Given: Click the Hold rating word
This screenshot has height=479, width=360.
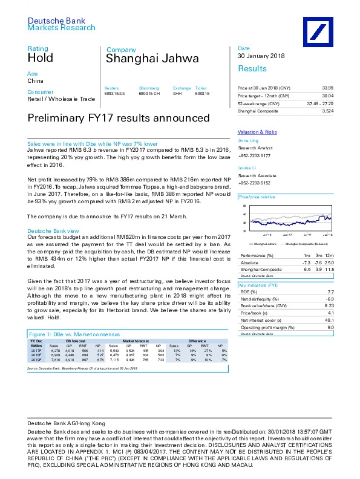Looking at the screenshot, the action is click(41, 59).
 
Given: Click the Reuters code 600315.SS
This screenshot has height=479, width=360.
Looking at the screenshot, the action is click(114, 94).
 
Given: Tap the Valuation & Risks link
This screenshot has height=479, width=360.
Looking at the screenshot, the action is click(257, 131).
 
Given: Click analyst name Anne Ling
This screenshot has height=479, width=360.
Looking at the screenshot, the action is click(248, 140).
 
